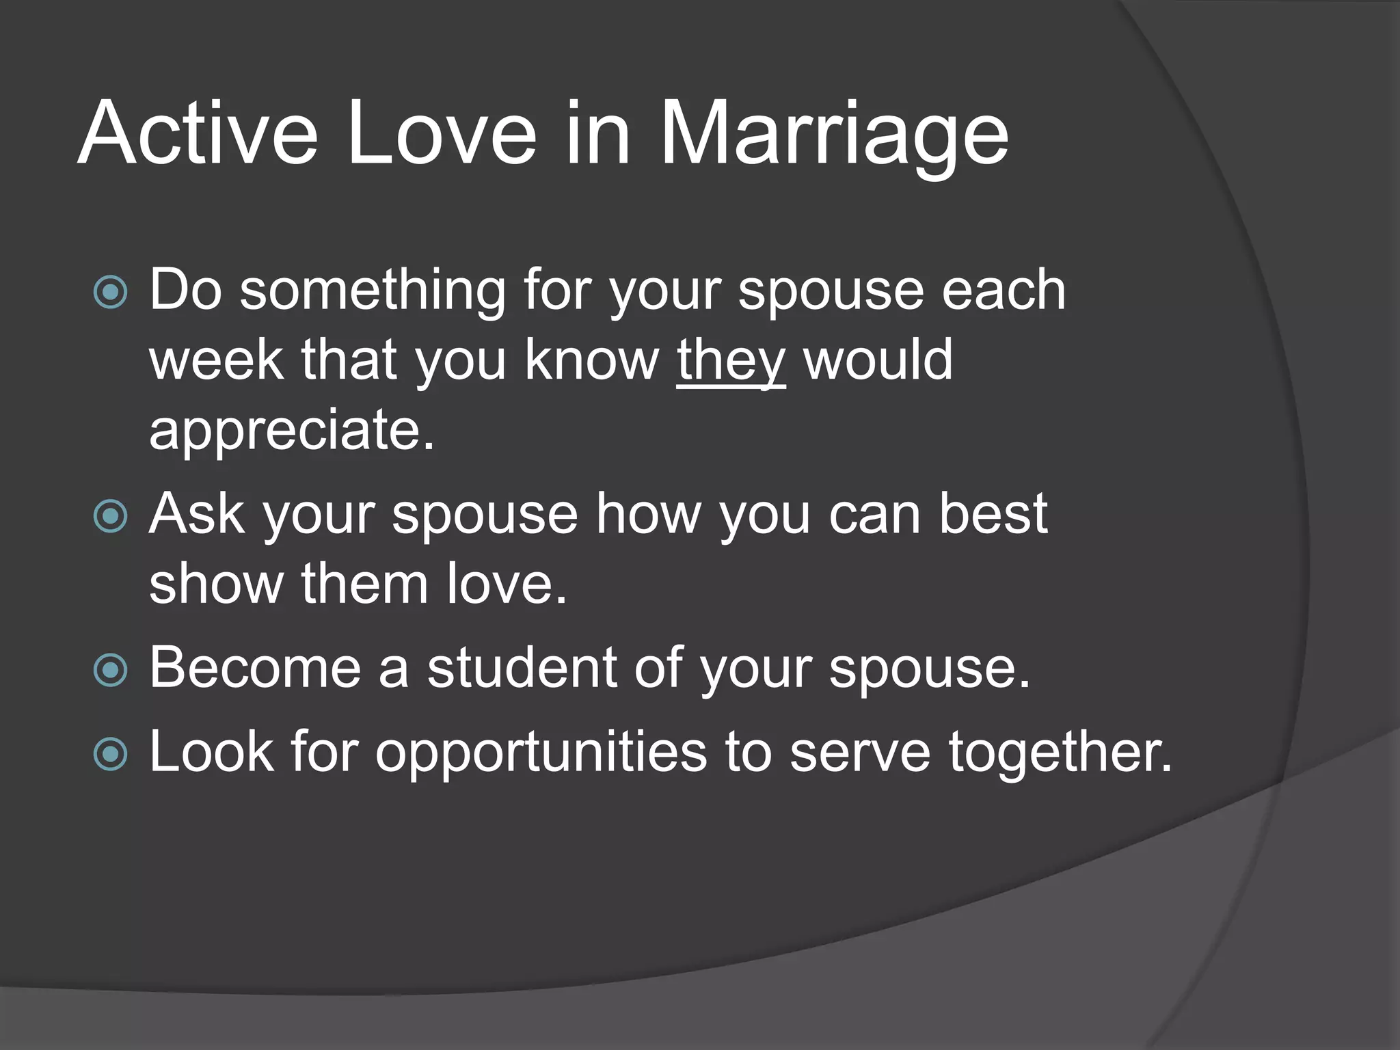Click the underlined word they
tap(731, 360)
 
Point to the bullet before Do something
tap(110, 293)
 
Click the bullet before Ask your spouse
tap(110, 516)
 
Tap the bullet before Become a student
tap(110, 670)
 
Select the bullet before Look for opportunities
tap(110, 754)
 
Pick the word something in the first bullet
tap(373, 291)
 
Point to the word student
tap(522, 668)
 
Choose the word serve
tap(860, 752)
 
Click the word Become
tap(255, 668)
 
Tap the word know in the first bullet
tap(591, 360)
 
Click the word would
tap(878, 360)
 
